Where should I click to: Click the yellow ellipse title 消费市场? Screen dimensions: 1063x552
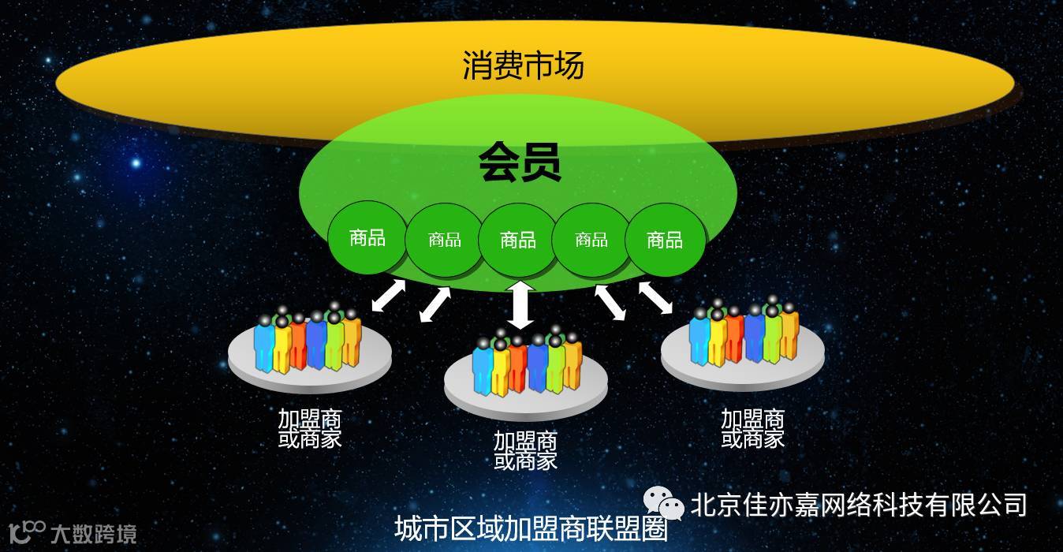click(x=523, y=65)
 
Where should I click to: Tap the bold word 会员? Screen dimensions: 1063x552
click(x=520, y=164)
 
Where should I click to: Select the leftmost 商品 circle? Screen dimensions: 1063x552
click(x=367, y=237)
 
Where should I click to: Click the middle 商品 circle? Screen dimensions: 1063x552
click(x=518, y=240)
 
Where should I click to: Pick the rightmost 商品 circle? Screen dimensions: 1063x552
click(x=664, y=240)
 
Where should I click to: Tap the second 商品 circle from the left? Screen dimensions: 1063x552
click(x=444, y=240)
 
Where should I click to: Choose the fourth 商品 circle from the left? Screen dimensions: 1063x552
click(x=591, y=240)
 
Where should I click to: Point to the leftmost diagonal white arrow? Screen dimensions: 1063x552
click(x=389, y=296)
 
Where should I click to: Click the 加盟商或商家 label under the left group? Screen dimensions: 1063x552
click(x=310, y=428)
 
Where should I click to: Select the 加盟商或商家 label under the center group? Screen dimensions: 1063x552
click(x=525, y=450)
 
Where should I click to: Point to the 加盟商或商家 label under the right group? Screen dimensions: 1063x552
click(x=752, y=428)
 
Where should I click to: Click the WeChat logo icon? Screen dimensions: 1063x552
click(x=663, y=503)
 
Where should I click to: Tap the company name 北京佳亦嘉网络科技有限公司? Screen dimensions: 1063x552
click(x=859, y=504)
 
